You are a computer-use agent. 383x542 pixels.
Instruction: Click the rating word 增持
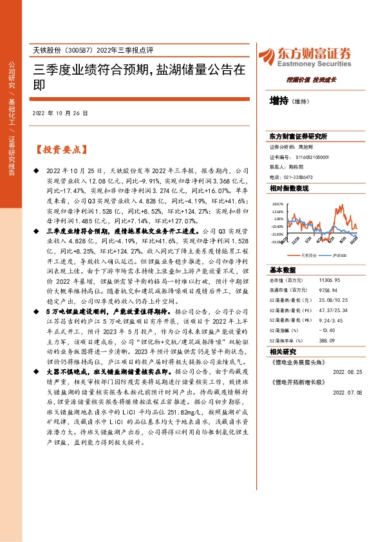pyautogui.click(x=279, y=101)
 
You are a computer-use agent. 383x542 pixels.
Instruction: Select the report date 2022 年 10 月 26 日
pyautogui.click(x=60, y=113)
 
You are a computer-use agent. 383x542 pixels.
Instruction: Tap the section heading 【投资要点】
pyautogui.click(x=61, y=150)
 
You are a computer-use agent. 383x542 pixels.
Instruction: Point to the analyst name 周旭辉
pyautogui.click(x=307, y=147)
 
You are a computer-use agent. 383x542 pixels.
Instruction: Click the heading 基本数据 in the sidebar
pyautogui.click(x=283, y=270)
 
